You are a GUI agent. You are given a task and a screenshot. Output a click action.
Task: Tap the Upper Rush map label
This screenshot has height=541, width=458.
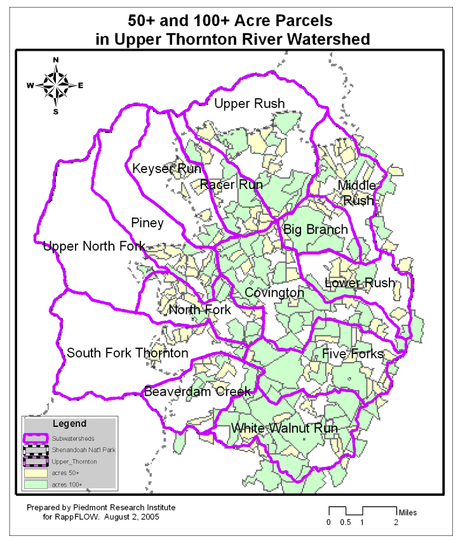[x=249, y=103]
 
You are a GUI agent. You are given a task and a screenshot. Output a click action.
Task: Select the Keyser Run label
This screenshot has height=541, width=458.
[x=166, y=169]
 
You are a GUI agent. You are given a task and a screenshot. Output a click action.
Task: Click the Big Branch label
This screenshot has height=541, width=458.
[x=316, y=229]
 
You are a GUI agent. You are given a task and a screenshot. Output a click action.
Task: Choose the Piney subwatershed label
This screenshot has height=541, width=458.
[x=147, y=223]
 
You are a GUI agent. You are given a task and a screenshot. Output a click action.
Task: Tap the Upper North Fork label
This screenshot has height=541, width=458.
[x=94, y=246]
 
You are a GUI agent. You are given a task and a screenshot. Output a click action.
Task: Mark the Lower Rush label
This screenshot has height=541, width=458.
[x=360, y=283]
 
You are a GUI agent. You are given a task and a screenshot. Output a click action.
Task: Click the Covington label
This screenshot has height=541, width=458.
[x=274, y=293]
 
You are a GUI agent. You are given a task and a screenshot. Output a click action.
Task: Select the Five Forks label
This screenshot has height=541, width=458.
[x=353, y=353]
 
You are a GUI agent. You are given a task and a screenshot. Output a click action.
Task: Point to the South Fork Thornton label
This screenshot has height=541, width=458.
[x=128, y=353]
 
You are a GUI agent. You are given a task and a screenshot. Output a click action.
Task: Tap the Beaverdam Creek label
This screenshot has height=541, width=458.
[x=198, y=391]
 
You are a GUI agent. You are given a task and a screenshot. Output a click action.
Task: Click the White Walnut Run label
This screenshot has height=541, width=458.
[x=284, y=429]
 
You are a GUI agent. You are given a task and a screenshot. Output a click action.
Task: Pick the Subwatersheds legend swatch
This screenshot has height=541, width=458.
[x=36, y=438]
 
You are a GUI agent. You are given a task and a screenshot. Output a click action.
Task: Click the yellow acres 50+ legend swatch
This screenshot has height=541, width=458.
[x=36, y=473]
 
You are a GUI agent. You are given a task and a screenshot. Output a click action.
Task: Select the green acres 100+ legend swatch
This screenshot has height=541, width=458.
[x=36, y=484]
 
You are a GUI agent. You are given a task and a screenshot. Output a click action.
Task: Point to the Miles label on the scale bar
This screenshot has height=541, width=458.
[x=408, y=511]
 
